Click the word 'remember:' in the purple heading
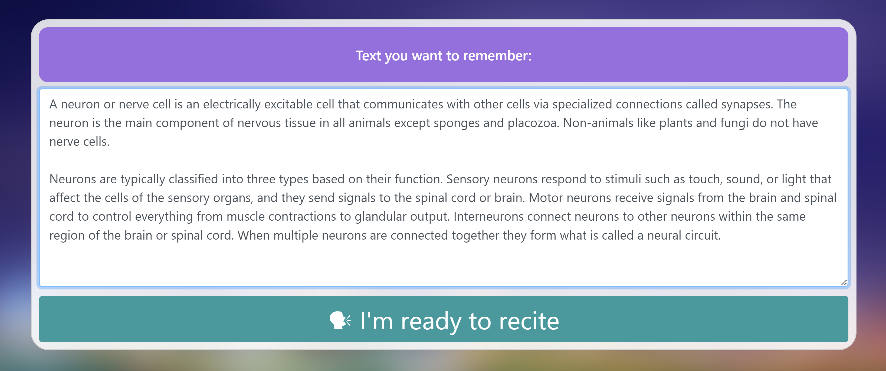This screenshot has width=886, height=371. click(x=497, y=56)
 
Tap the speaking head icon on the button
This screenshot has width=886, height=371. click(x=340, y=320)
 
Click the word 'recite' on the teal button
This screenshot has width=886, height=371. click(x=529, y=321)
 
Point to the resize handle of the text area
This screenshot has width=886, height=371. click(x=844, y=283)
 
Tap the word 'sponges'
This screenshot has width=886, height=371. click(x=457, y=123)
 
